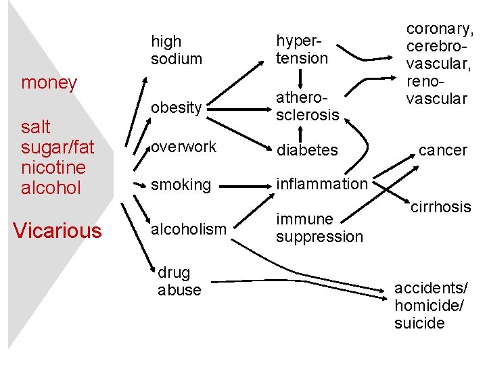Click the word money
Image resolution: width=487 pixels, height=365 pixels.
[49, 83]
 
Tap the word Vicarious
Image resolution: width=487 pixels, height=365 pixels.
[57, 231]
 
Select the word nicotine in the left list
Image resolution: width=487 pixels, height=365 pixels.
[53, 167]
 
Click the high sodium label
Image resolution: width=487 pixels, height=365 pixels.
[176, 50]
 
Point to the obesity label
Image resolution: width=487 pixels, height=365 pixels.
[176, 107]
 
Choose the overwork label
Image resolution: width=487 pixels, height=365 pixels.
[183, 147]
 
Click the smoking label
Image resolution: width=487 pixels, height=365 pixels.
[181, 184]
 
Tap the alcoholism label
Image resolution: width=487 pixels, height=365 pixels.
[189, 229]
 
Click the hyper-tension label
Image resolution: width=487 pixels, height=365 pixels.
[302, 49]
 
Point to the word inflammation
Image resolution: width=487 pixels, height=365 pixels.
[321, 183]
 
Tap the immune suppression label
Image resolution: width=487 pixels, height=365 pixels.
[319, 228]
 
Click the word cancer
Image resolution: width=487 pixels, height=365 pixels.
[443, 150]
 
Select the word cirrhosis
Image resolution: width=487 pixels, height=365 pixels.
[440, 205]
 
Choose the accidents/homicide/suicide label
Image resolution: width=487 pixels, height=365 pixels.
[429, 306]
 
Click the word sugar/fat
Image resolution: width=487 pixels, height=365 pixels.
[57, 147]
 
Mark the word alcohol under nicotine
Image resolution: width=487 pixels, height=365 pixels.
[51, 187]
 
